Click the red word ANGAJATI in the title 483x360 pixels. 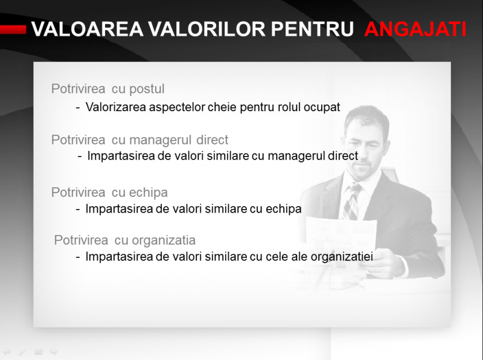415,29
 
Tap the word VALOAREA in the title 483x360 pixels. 88,29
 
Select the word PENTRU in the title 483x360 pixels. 312,29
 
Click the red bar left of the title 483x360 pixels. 13,29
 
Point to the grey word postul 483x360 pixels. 147,89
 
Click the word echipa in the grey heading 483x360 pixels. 148,193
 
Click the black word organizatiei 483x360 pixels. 342,257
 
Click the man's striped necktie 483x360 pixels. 352,201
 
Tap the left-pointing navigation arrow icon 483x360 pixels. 7,352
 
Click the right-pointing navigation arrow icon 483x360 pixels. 54,351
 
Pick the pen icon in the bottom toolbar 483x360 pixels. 22,352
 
